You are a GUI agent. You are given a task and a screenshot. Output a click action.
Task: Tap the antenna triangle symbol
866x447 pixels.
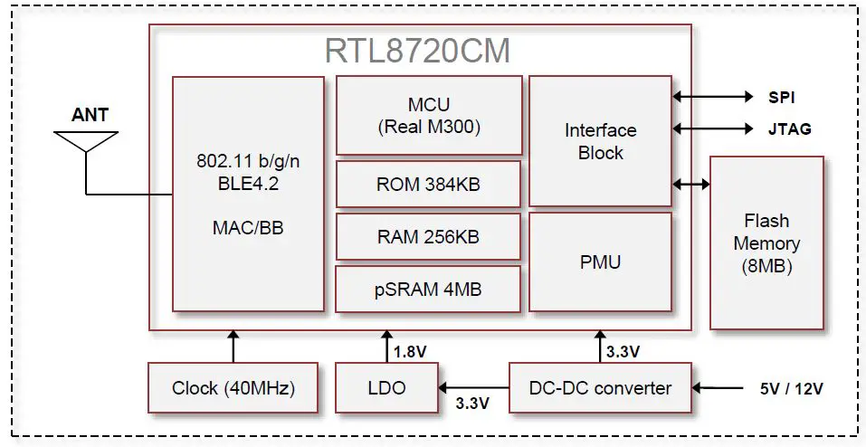coord(86,141)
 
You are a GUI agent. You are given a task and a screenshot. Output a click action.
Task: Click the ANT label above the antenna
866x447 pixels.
coord(90,115)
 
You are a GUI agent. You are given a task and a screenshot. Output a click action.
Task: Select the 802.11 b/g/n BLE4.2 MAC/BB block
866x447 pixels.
coord(248,195)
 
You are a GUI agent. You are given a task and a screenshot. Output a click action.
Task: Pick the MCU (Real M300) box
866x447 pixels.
coord(429,115)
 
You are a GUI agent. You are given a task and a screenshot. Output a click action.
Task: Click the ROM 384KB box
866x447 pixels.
coord(428,185)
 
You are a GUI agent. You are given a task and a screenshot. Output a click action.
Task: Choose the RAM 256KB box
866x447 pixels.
coord(428,236)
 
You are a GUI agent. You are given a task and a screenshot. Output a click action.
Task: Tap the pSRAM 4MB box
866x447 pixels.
coord(428,289)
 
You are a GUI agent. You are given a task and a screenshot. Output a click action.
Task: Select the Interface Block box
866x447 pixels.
coord(600,141)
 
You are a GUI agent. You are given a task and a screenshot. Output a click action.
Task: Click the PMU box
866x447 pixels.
coord(600,262)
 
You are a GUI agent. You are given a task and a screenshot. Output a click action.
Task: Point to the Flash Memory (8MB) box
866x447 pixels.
coord(766,243)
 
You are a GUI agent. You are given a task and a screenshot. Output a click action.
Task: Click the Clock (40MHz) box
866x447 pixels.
coord(233,388)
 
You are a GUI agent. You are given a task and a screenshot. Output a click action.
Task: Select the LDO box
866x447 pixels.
coord(386,388)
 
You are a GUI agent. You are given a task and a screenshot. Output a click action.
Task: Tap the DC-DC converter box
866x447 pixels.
coord(600,388)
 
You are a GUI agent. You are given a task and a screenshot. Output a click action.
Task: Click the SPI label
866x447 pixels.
coord(782,97)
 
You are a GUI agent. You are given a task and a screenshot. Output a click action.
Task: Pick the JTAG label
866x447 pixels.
coord(789,129)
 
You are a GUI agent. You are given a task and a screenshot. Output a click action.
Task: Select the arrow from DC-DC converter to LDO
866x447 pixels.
coord(472,388)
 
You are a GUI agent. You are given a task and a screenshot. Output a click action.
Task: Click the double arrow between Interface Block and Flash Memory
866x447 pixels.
coord(691,185)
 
